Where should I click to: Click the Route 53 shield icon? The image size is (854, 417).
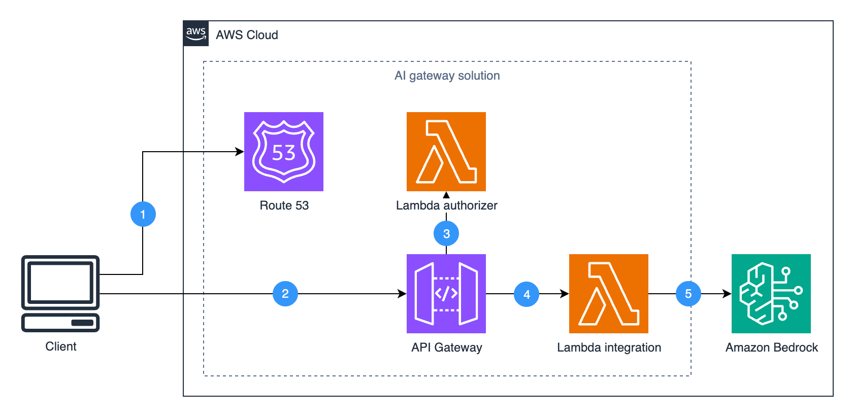[x=284, y=152]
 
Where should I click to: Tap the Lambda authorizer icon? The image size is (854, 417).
[x=446, y=152]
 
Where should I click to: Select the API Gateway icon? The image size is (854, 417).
[x=446, y=294]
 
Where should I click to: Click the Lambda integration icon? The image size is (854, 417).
[x=609, y=294]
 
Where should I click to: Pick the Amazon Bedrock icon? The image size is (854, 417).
[x=771, y=294]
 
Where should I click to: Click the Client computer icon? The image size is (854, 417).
[x=60, y=294]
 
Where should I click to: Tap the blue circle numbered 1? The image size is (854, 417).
[x=143, y=214]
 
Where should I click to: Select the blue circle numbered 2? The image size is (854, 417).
[x=285, y=294]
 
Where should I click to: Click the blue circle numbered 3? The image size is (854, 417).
[x=446, y=234]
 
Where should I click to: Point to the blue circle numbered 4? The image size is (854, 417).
[x=527, y=294]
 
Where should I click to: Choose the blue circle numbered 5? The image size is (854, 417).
[x=688, y=294]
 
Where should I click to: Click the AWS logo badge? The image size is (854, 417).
[x=196, y=34]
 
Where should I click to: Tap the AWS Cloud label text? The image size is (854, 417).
[x=247, y=35]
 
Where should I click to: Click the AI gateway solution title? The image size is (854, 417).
[x=447, y=76]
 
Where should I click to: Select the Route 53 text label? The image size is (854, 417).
[x=284, y=205]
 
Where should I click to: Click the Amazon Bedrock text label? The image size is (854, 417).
[x=772, y=347]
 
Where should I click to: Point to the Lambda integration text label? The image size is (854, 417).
[x=609, y=347]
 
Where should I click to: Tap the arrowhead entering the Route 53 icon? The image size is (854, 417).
[x=240, y=152]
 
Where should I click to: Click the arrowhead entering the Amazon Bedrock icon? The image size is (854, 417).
[x=727, y=294]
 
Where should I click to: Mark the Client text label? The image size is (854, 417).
[x=61, y=346]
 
